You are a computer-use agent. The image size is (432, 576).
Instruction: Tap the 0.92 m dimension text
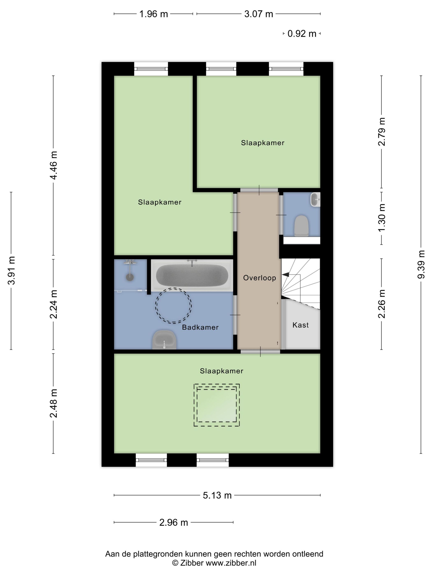coord(302,34)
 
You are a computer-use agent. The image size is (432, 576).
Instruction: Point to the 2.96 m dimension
coord(173,522)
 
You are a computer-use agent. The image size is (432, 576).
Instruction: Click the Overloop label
coord(259,278)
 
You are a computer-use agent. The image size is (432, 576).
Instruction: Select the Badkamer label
coord(200,327)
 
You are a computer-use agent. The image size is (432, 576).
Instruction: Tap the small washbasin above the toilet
coord(315,200)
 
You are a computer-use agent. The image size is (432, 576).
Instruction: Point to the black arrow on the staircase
coord(285,274)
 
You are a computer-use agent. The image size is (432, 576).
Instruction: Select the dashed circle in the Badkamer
coord(173,305)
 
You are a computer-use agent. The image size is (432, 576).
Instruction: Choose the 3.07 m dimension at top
coord(258,14)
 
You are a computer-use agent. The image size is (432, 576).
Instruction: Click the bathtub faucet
coord(192,262)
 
